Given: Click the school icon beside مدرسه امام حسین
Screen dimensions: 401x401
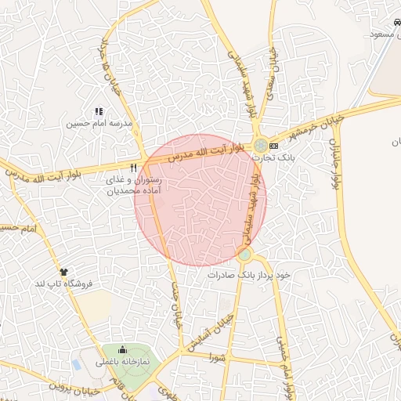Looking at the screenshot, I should pyautogui.click(x=99, y=112).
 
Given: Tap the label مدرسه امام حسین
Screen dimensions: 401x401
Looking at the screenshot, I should pyautogui.click(x=99, y=124).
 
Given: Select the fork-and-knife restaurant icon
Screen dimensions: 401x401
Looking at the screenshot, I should pyautogui.click(x=134, y=168).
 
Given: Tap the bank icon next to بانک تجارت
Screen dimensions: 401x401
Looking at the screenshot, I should pyautogui.click(x=273, y=146).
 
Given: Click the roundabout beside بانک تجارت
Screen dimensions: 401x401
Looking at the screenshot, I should pyautogui.click(x=259, y=145).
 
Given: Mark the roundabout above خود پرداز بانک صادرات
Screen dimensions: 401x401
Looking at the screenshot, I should pyautogui.click(x=245, y=255).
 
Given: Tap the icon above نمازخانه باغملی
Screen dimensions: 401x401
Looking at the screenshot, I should pyautogui.click(x=122, y=350).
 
